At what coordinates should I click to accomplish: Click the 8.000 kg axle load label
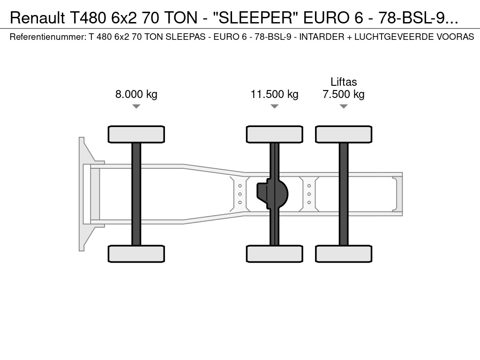(x=136, y=94)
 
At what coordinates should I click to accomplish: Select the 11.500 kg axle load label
(x=275, y=94)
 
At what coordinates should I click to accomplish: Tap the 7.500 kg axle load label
(x=344, y=94)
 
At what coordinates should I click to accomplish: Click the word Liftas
(x=344, y=82)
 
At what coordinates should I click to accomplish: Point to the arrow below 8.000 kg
(x=136, y=106)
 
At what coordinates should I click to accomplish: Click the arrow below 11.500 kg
(x=275, y=106)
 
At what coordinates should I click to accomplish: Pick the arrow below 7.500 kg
(x=344, y=106)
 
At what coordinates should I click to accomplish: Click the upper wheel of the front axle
(x=136, y=134)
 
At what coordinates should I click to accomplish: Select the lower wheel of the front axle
(x=136, y=254)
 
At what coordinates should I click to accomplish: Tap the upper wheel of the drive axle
(x=275, y=134)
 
